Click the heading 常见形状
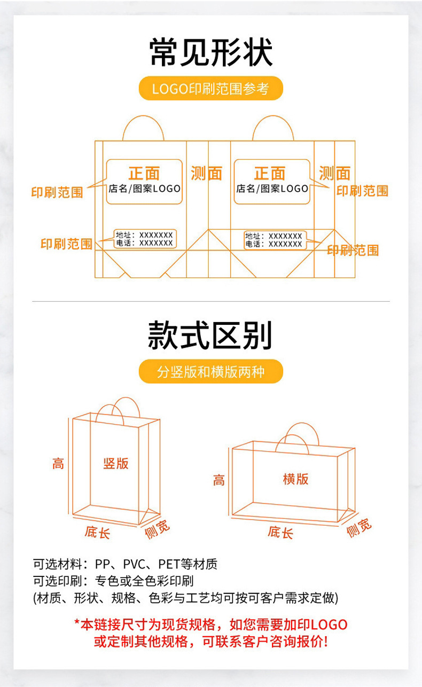pos(211,53)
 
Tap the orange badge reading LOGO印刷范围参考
pos(210,89)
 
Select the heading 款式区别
pos(210,336)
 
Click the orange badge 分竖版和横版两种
pos(210,371)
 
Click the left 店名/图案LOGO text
pos(144,189)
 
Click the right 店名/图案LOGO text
pos(272,189)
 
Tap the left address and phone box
pos(145,239)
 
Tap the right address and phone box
pos(274,240)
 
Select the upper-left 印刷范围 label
pos(57,192)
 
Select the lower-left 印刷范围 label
pos(66,244)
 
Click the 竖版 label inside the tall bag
pos(116,463)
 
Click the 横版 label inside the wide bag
pos(295,479)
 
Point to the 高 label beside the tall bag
pos(58,463)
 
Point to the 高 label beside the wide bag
pos(219,480)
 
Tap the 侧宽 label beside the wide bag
pos(358,527)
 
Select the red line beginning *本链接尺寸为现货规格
pos(210,624)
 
